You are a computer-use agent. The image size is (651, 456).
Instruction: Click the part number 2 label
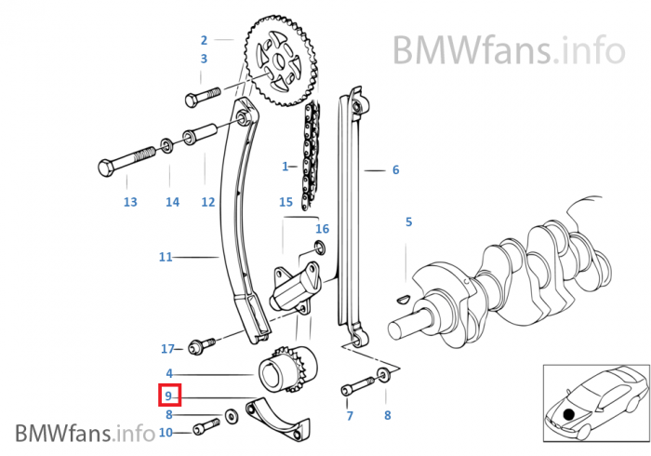[x=204, y=40]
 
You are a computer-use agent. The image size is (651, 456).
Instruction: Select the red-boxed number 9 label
[x=169, y=396]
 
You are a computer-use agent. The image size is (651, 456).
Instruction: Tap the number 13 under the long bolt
[x=130, y=202]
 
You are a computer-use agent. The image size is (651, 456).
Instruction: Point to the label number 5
[x=407, y=221]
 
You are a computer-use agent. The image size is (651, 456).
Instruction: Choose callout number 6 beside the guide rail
[x=395, y=170]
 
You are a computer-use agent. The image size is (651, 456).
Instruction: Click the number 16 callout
[x=322, y=228]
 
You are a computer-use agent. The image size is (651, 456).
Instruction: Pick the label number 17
[x=167, y=349]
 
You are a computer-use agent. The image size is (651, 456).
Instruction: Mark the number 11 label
[x=166, y=257]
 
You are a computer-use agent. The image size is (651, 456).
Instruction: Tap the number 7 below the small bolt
[x=350, y=416]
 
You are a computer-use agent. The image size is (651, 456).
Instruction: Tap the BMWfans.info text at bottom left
[x=84, y=433]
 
